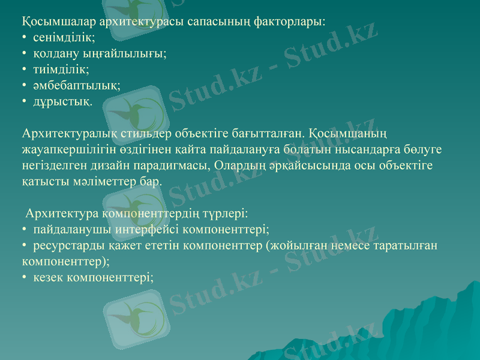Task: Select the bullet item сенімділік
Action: click(64, 37)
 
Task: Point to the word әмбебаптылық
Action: click(76, 86)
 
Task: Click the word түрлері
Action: click(225, 213)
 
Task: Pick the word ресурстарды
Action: click(65, 245)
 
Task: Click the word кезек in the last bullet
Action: click(49, 278)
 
